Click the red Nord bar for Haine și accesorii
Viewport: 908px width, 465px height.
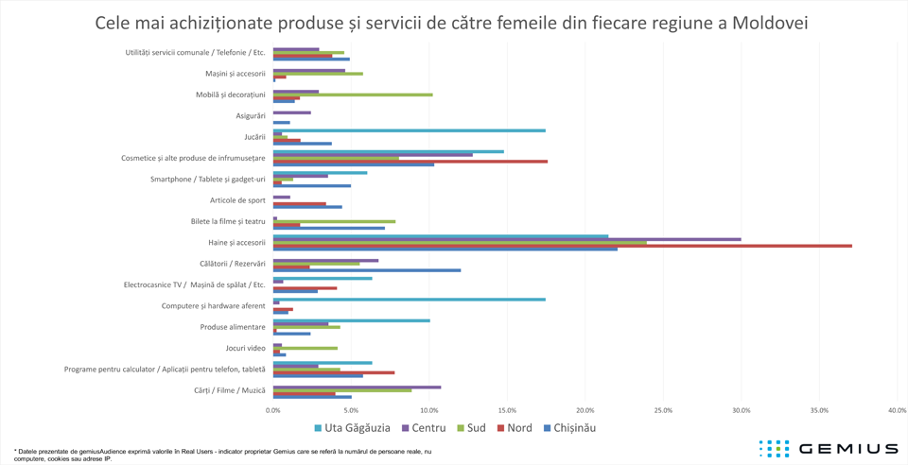[562, 246]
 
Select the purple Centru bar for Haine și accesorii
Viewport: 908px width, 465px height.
[507, 239]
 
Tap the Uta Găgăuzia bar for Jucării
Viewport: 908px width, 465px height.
[409, 130]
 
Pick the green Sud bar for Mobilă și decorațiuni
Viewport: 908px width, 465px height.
[353, 95]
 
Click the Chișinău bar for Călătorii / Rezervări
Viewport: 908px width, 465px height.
[367, 270]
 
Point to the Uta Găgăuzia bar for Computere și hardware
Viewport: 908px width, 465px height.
[409, 300]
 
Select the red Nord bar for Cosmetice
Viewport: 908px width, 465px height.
[410, 162]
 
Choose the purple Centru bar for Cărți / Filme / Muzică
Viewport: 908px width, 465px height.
[357, 387]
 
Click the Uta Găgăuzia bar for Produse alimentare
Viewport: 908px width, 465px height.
[351, 320]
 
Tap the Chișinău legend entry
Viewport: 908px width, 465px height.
[568, 428]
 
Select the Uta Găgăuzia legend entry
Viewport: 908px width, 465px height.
[351, 428]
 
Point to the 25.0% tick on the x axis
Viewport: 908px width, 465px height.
[663, 410]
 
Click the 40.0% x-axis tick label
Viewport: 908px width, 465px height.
[897, 410]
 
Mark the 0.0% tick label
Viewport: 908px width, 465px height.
[273, 410]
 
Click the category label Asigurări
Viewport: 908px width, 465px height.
[251, 116]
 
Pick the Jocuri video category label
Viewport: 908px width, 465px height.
[243, 349]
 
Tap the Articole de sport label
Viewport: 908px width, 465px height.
[237, 200]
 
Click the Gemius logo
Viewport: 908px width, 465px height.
[828, 448]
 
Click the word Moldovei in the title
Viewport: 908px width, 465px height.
[764, 22]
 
